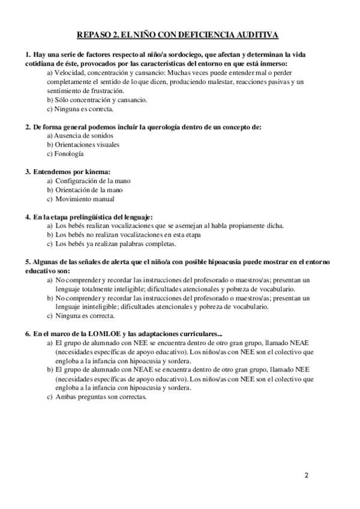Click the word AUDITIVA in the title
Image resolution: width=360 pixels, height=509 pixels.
point(258,35)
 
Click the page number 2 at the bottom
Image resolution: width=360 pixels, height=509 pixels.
point(307,476)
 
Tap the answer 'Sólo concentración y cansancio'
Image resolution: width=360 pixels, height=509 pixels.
point(97,100)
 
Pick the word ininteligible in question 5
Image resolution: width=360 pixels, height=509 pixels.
point(104,307)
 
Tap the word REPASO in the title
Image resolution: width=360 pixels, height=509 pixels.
point(94,35)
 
